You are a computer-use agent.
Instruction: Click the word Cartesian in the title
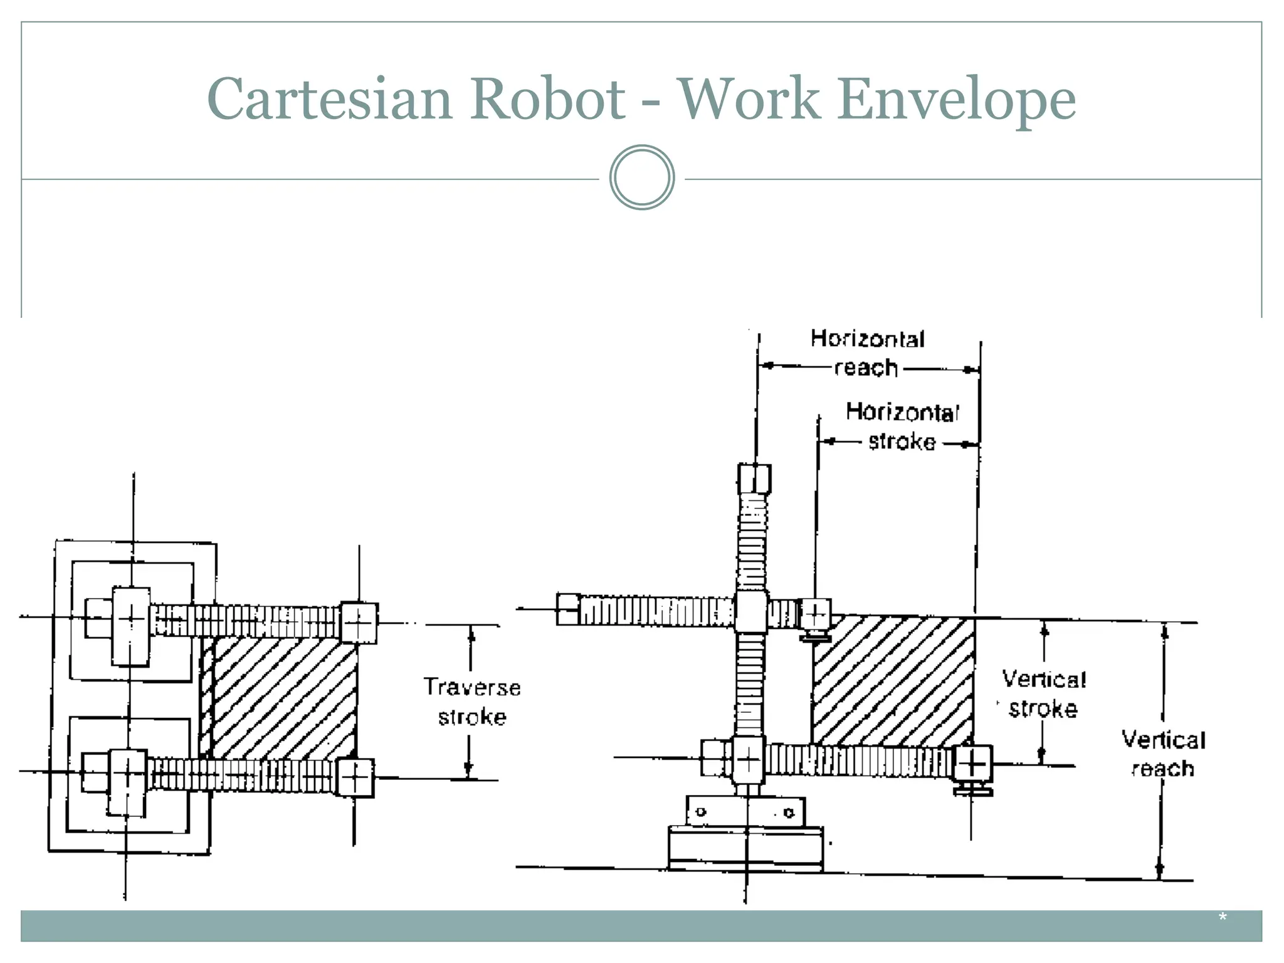click(x=329, y=99)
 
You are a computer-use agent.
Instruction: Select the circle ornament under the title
click(x=642, y=177)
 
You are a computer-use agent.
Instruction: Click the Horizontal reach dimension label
click(x=868, y=353)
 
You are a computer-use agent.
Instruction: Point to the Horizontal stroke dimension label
click(x=902, y=427)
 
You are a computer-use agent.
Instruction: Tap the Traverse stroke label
click(x=472, y=702)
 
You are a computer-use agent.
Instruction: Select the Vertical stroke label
click(x=1043, y=693)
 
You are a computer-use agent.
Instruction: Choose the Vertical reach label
click(x=1163, y=754)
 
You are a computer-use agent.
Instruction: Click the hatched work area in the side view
click(x=893, y=681)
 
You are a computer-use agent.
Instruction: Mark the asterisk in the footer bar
click(x=1222, y=918)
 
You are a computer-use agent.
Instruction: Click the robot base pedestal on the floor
click(x=745, y=848)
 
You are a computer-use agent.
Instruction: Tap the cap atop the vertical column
click(x=754, y=479)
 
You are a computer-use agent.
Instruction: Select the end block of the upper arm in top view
click(x=359, y=623)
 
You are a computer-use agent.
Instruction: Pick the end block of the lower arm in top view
click(x=355, y=777)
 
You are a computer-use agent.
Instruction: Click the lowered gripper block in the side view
click(x=972, y=764)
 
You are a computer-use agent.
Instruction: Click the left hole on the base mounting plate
click(x=702, y=812)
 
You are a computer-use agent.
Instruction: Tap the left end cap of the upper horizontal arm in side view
click(x=567, y=609)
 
